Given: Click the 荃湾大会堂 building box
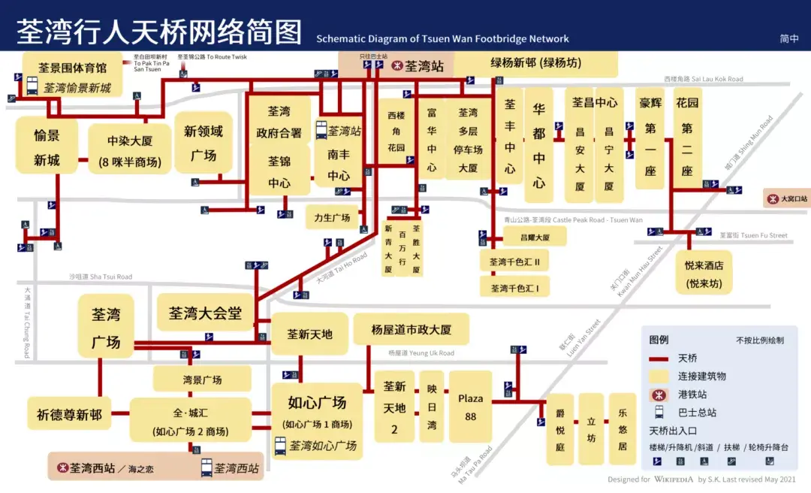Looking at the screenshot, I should click(x=204, y=313).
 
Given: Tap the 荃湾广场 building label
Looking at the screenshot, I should click(x=106, y=328).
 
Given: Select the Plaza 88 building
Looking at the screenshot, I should click(x=470, y=407).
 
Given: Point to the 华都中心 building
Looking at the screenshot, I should click(x=538, y=146).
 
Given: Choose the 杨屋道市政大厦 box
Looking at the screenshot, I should click(x=411, y=329).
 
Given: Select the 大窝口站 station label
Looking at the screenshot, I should click(x=786, y=198).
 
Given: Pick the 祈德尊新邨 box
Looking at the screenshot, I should click(x=69, y=414).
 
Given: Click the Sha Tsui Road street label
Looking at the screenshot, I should click(x=101, y=277).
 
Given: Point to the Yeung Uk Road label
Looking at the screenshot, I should click(x=421, y=352).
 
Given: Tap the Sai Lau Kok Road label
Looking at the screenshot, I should click(x=704, y=79).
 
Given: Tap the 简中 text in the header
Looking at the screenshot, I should click(x=789, y=38).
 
